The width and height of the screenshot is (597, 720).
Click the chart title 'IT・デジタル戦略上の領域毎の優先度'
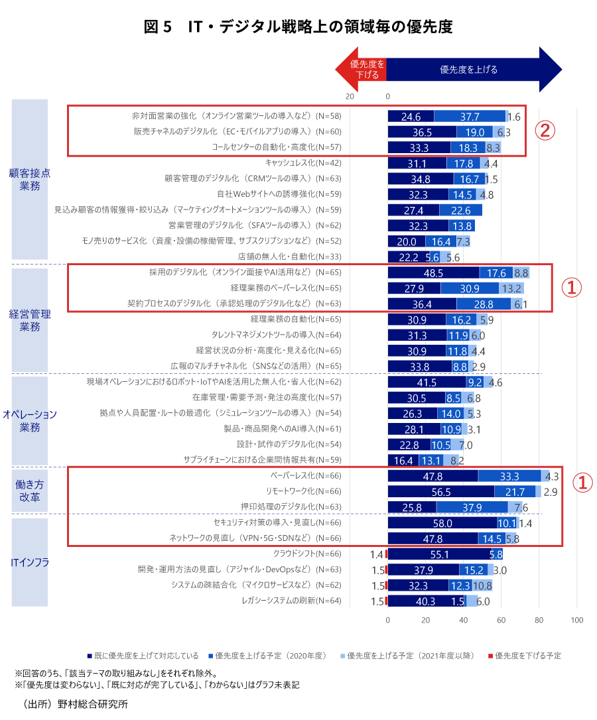click(298, 27)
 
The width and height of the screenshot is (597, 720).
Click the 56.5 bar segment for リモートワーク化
click(440, 491)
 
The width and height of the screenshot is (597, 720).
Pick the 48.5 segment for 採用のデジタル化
click(433, 272)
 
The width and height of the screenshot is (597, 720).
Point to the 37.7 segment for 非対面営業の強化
click(470, 116)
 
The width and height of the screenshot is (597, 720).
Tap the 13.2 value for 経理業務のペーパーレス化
click(511, 288)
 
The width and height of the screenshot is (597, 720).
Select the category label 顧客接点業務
click(30, 180)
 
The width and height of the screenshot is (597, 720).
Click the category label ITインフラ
click(30, 563)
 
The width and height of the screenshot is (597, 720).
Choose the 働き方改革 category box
click(30, 491)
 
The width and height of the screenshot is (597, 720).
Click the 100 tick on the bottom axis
click(576, 621)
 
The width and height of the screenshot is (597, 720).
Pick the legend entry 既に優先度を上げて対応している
click(143, 656)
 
